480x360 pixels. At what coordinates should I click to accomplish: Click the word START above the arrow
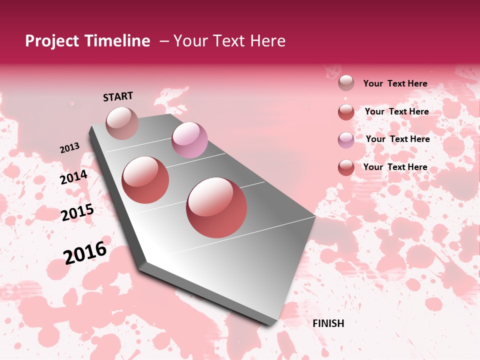118,96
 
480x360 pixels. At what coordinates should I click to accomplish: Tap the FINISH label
328,323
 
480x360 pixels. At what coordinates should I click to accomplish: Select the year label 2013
69,148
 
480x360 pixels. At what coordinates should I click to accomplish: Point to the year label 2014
73,177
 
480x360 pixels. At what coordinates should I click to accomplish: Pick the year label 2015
77,213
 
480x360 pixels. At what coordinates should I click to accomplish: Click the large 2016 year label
85,252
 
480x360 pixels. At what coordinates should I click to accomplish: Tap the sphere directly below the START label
122,123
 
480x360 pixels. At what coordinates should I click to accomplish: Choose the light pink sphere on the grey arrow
189,140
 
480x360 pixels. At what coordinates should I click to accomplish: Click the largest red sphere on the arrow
216,207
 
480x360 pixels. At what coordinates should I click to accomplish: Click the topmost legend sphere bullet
346,83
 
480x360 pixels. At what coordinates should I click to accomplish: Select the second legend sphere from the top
346,112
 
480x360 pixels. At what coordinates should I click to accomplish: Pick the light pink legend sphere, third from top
346,140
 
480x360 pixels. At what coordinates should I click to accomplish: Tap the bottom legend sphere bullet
346,167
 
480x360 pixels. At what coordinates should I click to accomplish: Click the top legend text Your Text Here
395,83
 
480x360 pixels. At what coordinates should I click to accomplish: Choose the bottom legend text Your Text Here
395,167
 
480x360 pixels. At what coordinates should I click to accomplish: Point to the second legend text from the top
396,111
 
